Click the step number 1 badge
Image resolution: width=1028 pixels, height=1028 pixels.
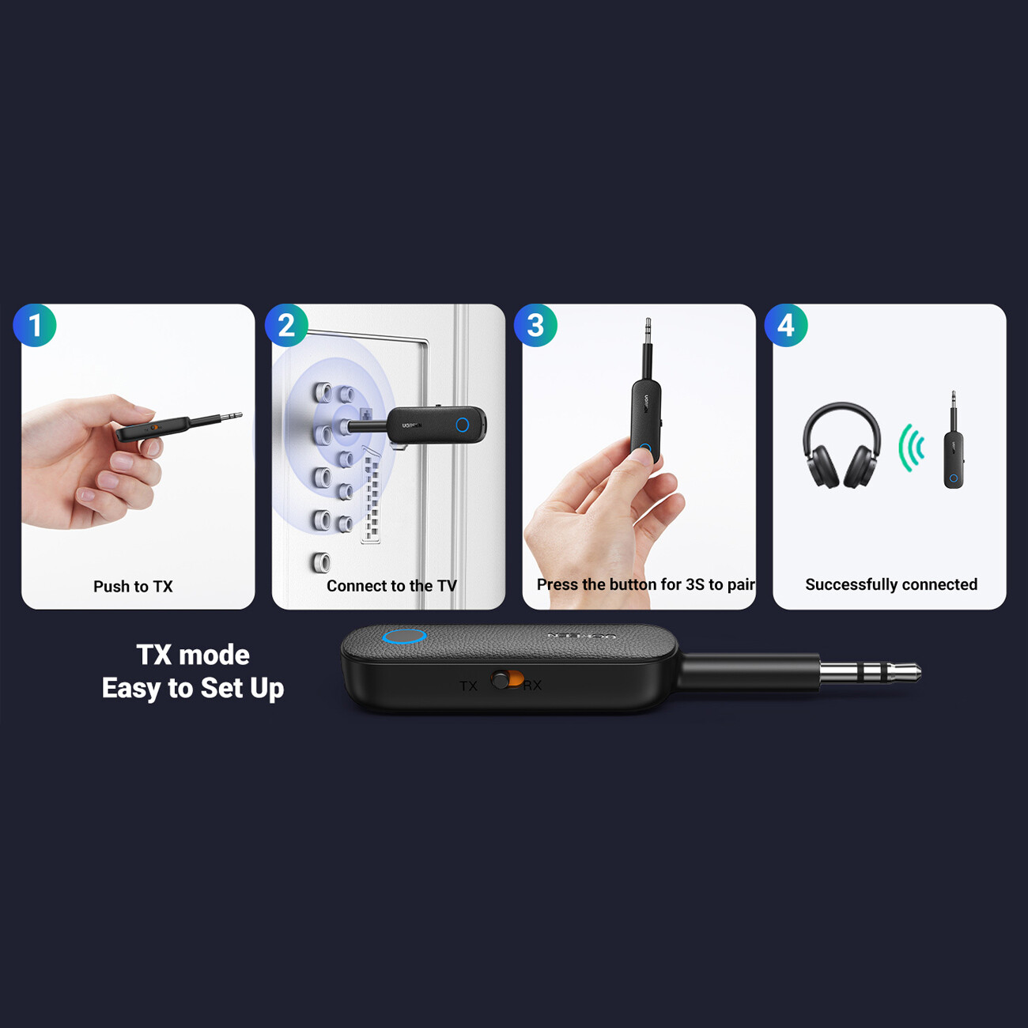pyautogui.click(x=35, y=325)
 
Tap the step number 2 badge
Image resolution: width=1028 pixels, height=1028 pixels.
pyautogui.click(x=286, y=325)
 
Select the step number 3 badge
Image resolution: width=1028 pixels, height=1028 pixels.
pyautogui.click(x=535, y=325)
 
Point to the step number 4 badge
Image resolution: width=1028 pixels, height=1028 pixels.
pyautogui.click(x=786, y=325)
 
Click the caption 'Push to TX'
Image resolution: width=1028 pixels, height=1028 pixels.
pyautogui.click(x=133, y=587)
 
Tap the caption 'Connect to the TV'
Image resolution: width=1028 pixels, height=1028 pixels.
pyautogui.click(x=391, y=586)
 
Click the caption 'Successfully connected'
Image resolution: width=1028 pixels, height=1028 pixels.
pyautogui.click(x=891, y=584)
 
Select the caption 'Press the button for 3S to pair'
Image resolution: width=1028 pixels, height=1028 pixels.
pyautogui.click(x=645, y=584)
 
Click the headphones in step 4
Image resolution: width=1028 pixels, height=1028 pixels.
pyautogui.click(x=841, y=445)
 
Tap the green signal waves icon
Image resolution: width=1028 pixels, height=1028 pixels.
pyautogui.click(x=912, y=448)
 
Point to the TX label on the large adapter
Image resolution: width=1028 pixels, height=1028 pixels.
pyautogui.click(x=468, y=686)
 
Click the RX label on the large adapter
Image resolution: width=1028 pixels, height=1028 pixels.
pyautogui.click(x=532, y=685)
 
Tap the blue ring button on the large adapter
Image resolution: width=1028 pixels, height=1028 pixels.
pyautogui.click(x=404, y=636)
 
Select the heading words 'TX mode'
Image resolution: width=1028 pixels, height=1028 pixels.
pyautogui.click(x=193, y=655)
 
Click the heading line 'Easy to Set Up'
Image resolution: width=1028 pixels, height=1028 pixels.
pyautogui.click(x=193, y=688)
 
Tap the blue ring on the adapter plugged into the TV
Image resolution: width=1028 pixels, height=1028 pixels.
pyautogui.click(x=463, y=425)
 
